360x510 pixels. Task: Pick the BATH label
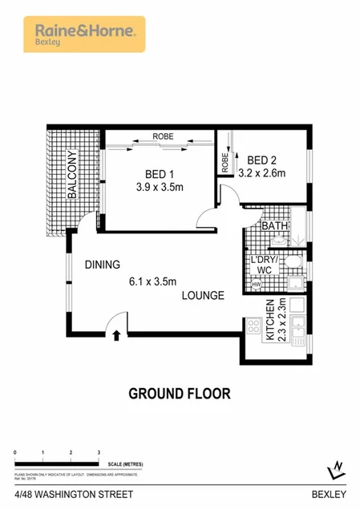(275, 227)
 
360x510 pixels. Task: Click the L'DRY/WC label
(264, 265)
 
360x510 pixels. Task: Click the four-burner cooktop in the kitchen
(255, 327)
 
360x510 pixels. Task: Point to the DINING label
(102, 265)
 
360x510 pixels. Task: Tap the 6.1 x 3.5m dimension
(153, 281)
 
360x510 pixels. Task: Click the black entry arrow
(117, 336)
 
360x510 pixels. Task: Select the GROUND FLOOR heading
(180, 394)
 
